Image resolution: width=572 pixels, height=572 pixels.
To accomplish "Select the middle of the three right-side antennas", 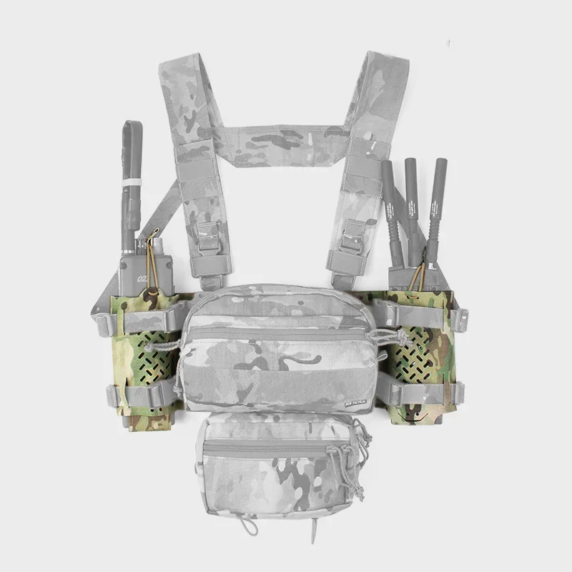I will click(x=412, y=200).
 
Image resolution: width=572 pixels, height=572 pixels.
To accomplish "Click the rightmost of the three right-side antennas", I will click(x=435, y=204).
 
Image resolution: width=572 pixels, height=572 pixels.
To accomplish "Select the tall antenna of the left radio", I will click(x=131, y=172).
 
